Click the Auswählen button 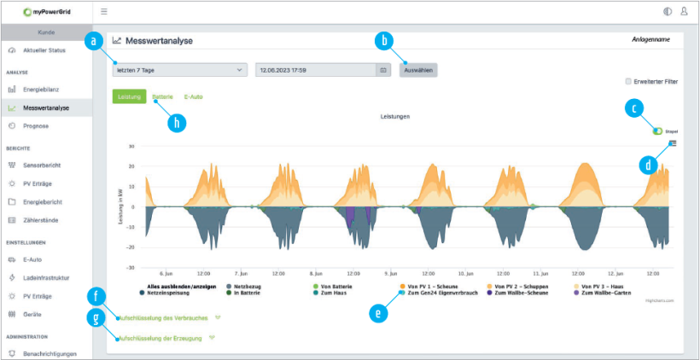(x=418, y=70)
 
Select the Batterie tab (x=162, y=97)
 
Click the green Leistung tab (x=129, y=97)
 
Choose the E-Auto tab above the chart (x=194, y=97)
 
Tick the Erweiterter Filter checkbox (x=629, y=82)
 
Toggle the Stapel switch (x=657, y=131)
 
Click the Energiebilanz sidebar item (x=47, y=90)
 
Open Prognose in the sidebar (x=36, y=125)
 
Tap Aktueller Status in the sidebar (x=44, y=50)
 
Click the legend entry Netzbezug (x=247, y=286)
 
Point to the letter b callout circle (x=385, y=40)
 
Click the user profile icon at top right (x=684, y=12)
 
